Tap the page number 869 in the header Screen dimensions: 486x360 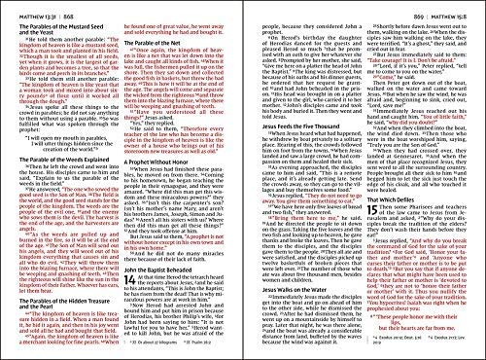261,8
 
